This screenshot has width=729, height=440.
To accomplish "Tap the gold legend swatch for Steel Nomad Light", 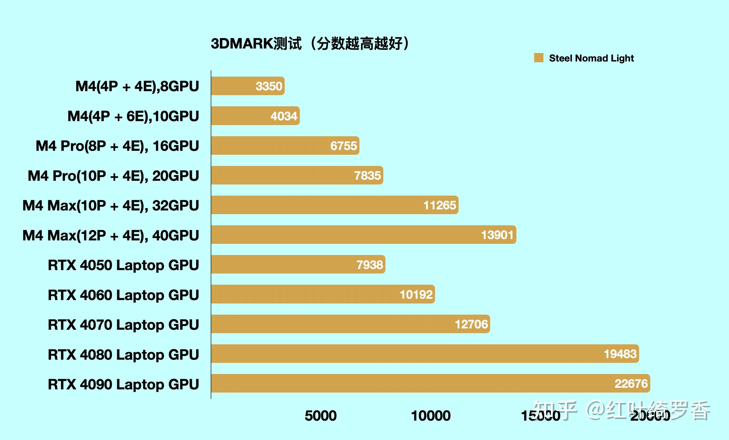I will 538,58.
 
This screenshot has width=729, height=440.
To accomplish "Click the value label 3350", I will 269,86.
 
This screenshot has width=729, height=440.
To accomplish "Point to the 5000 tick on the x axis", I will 320,416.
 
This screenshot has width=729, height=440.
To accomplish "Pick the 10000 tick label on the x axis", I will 431,416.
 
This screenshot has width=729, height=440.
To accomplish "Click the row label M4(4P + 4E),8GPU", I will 137,86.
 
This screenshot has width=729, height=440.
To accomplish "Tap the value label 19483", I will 620,354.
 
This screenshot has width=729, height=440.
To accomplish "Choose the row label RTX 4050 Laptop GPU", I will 123,265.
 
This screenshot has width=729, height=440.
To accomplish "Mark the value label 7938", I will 370,265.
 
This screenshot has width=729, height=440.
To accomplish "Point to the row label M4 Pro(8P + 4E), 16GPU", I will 117,146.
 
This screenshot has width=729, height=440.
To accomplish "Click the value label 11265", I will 440,205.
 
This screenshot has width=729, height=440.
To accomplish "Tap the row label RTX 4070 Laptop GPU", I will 123,325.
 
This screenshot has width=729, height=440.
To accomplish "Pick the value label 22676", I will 631,384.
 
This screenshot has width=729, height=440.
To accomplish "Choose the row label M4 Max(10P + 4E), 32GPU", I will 111,205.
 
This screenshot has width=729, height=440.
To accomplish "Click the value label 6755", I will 344,146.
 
